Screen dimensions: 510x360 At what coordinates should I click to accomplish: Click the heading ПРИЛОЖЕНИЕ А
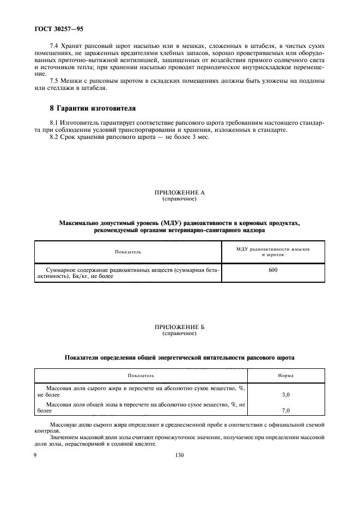179,193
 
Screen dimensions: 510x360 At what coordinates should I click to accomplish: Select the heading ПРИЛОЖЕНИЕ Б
179,327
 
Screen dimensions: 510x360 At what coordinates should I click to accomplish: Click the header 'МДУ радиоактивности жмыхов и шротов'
273,252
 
